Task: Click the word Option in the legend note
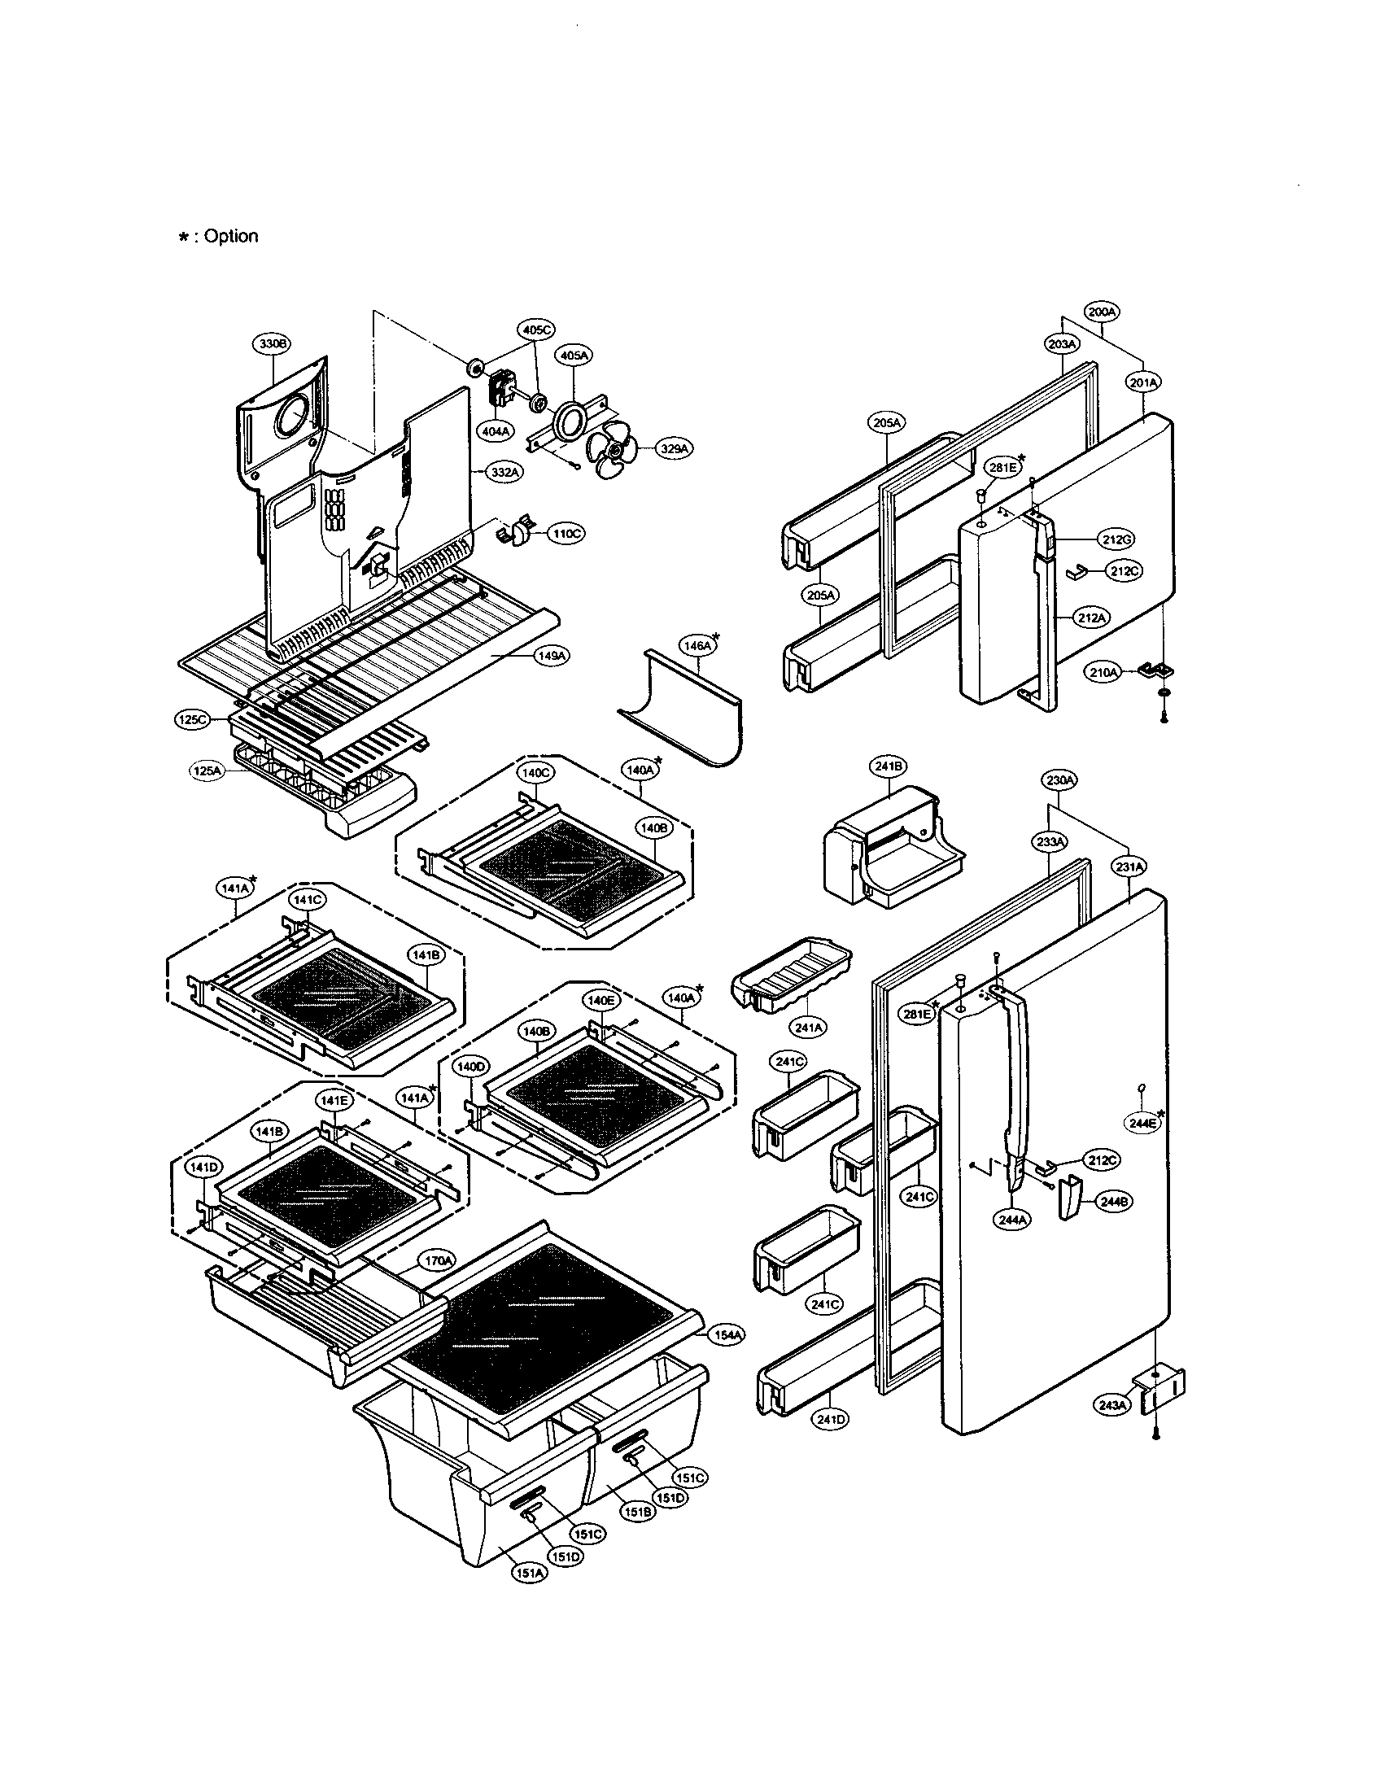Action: tap(230, 236)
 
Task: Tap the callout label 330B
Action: tap(271, 344)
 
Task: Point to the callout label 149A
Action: tap(552, 656)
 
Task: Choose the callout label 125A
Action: tap(207, 771)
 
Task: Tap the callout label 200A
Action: tap(1102, 312)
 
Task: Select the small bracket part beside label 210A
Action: tap(1155, 671)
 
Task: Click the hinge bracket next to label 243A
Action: tap(1162, 1387)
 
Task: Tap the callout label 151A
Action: tap(530, 1573)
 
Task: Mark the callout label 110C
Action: tap(566, 535)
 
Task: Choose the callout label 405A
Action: tap(574, 356)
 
